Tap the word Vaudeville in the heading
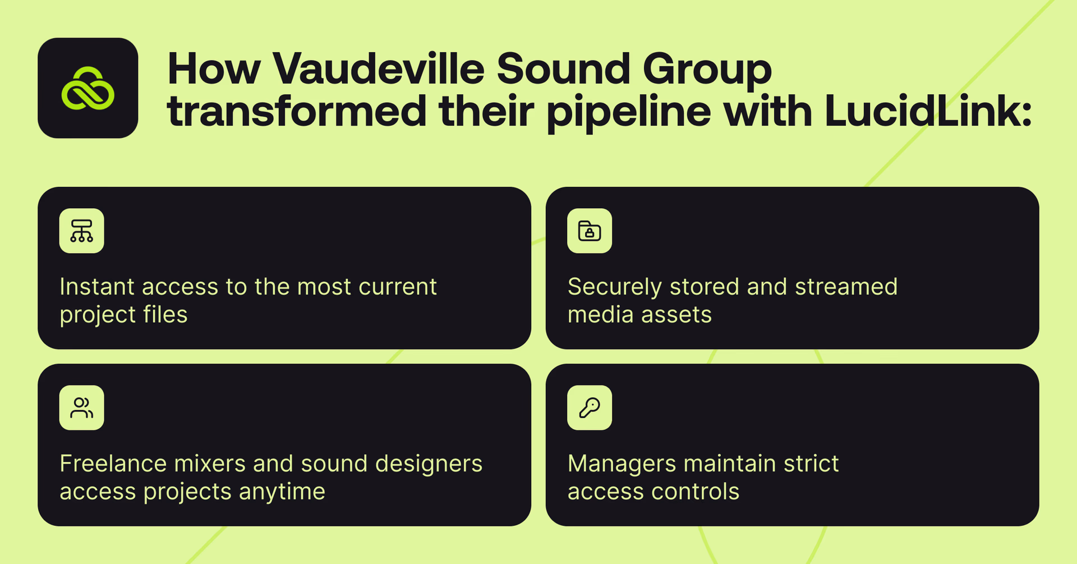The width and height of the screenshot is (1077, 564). click(379, 69)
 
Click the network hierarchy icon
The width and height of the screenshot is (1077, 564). click(82, 231)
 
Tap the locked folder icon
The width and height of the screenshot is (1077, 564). click(590, 231)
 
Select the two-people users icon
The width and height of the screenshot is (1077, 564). click(82, 408)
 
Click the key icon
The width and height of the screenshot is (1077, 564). click(590, 408)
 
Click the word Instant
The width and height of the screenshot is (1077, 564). click(97, 287)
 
